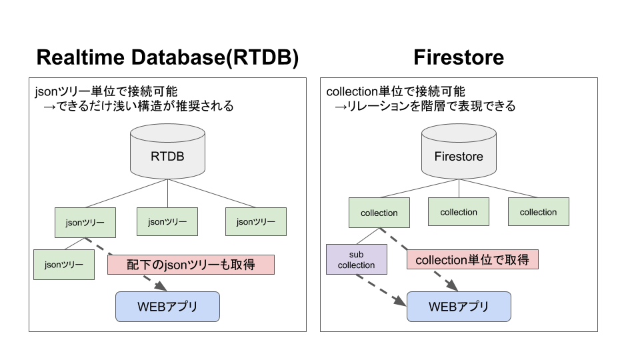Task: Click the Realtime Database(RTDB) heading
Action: pyautogui.click(x=167, y=57)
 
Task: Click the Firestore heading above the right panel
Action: pyautogui.click(x=458, y=57)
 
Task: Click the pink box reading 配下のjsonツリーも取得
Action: pyautogui.click(x=191, y=264)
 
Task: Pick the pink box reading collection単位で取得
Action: pyautogui.click(x=472, y=260)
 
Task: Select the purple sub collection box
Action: pyautogui.click(x=356, y=260)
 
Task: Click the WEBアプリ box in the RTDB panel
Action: pyautogui.click(x=167, y=307)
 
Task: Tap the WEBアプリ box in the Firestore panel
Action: pyautogui.click(x=459, y=307)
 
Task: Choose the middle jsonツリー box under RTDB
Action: pyautogui.click(x=167, y=221)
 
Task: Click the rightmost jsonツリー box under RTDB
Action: pyautogui.click(x=256, y=221)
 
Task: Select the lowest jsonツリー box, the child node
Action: pyautogui.click(x=64, y=265)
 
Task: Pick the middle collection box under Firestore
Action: pyautogui.click(x=459, y=212)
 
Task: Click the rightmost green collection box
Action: pyautogui.click(x=538, y=212)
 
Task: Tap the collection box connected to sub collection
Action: pyautogui.click(x=379, y=213)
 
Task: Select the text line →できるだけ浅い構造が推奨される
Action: pyautogui.click(x=138, y=106)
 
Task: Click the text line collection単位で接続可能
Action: pyautogui.click(x=395, y=91)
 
